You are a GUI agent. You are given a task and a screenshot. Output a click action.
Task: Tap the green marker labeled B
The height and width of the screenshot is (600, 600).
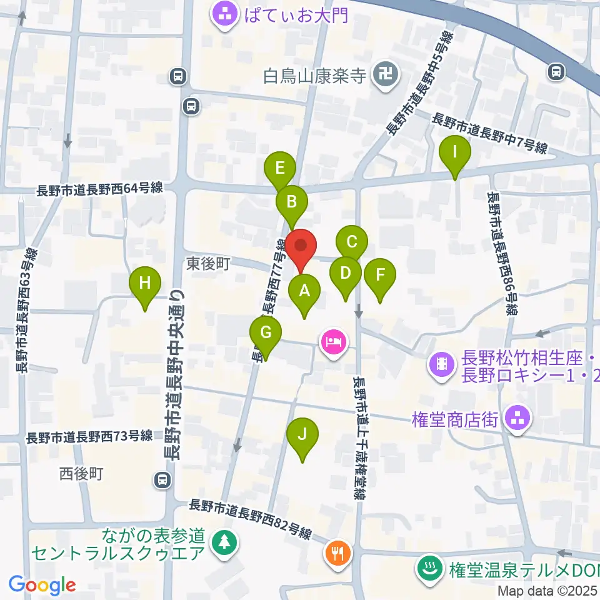coord(292,202)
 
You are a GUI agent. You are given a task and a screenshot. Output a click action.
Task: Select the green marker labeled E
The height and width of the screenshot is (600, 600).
coord(279,168)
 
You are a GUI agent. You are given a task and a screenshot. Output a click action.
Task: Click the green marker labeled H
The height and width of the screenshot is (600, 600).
coord(145,283)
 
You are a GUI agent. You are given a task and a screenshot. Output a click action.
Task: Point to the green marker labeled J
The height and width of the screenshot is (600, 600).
coord(302,434)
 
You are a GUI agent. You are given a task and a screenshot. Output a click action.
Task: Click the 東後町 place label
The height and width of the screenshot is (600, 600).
coord(209,265)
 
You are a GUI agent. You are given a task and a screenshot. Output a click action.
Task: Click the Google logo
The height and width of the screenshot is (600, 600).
coord(42,585)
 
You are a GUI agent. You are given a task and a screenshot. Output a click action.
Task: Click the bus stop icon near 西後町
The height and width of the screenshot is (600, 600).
coord(162,480)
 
